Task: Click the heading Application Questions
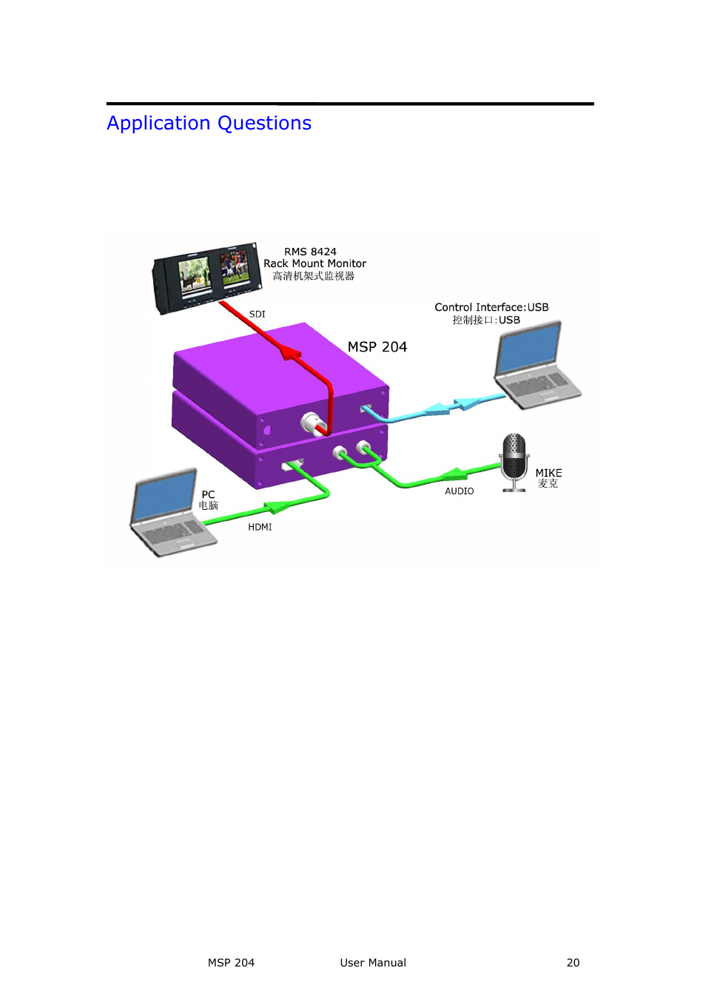click(x=209, y=123)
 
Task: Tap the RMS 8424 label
click(x=310, y=252)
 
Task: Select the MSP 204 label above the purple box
click(x=377, y=347)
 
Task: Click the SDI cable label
click(x=257, y=314)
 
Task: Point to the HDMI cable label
click(x=260, y=527)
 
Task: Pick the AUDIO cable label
click(x=459, y=491)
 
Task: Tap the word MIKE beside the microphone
click(x=548, y=473)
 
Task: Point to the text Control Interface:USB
click(x=491, y=307)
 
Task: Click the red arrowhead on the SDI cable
click(x=290, y=353)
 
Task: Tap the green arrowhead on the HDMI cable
click(x=276, y=508)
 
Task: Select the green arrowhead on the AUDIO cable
click(x=453, y=474)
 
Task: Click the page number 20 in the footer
click(x=573, y=963)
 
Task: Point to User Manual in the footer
click(x=373, y=963)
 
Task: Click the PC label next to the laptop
click(x=208, y=494)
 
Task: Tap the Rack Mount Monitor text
click(x=315, y=263)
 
